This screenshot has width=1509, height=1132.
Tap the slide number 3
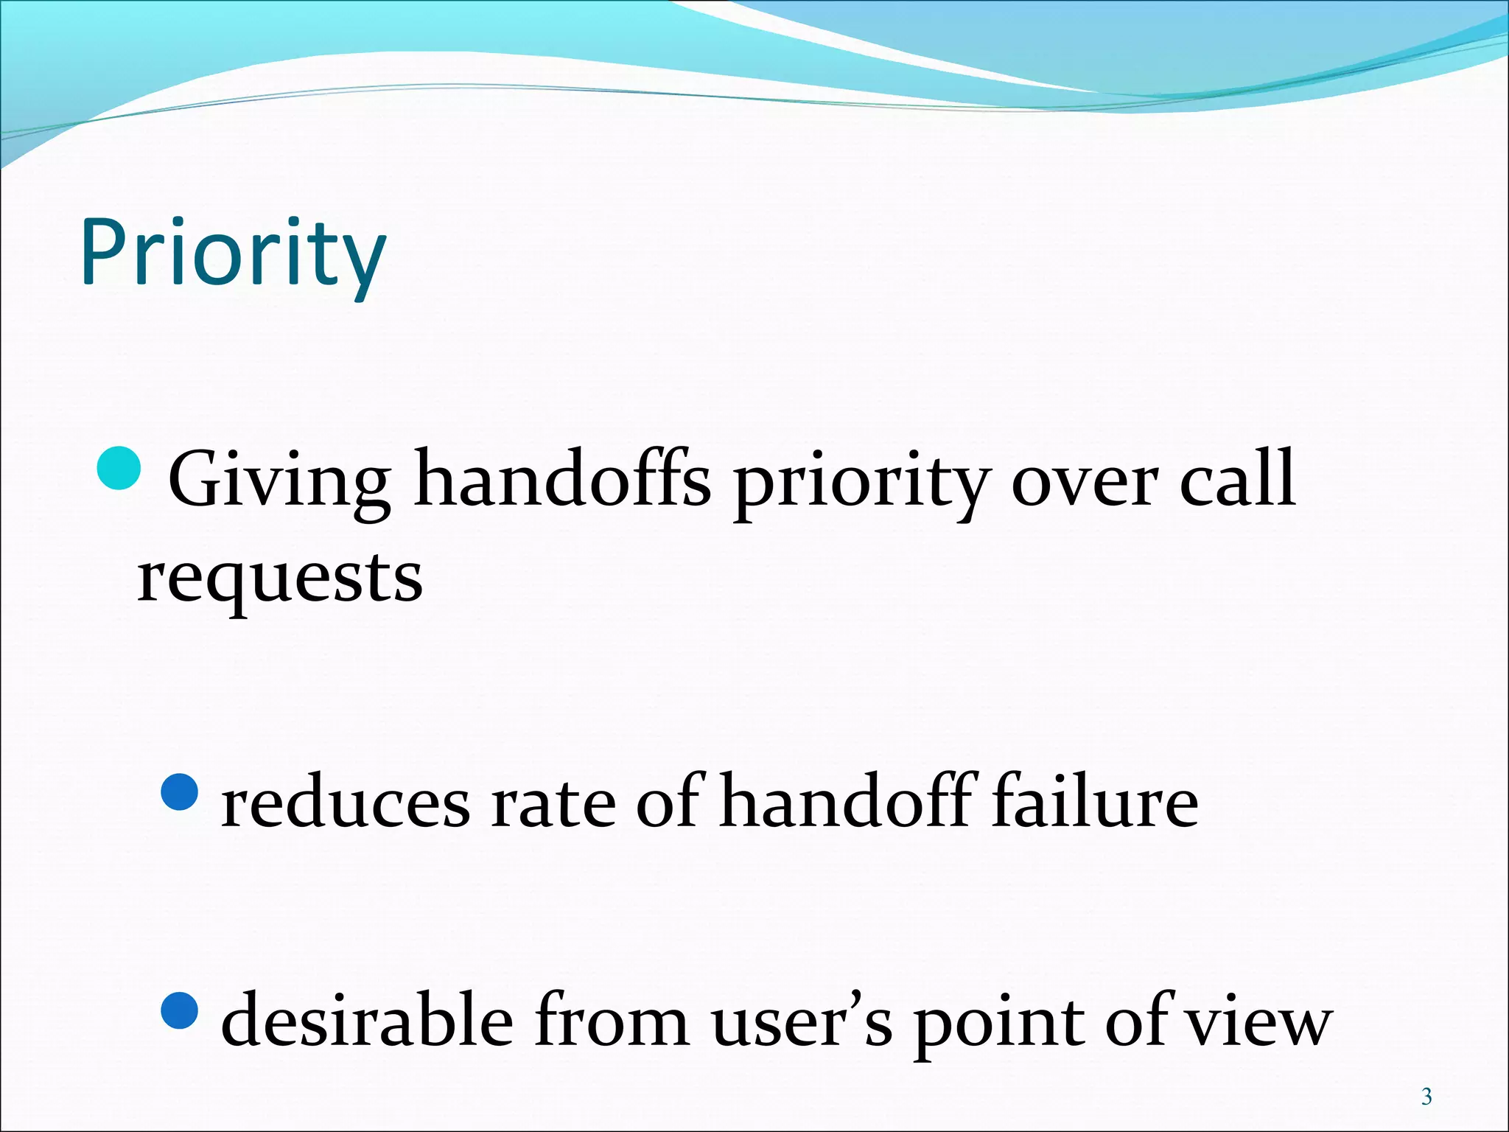click(x=1426, y=1097)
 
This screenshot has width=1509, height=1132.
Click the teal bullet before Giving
click(x=119, y=468)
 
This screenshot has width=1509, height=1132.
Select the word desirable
click(x=367, y=1021)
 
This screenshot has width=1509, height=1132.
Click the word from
click(x=611, y=1021)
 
